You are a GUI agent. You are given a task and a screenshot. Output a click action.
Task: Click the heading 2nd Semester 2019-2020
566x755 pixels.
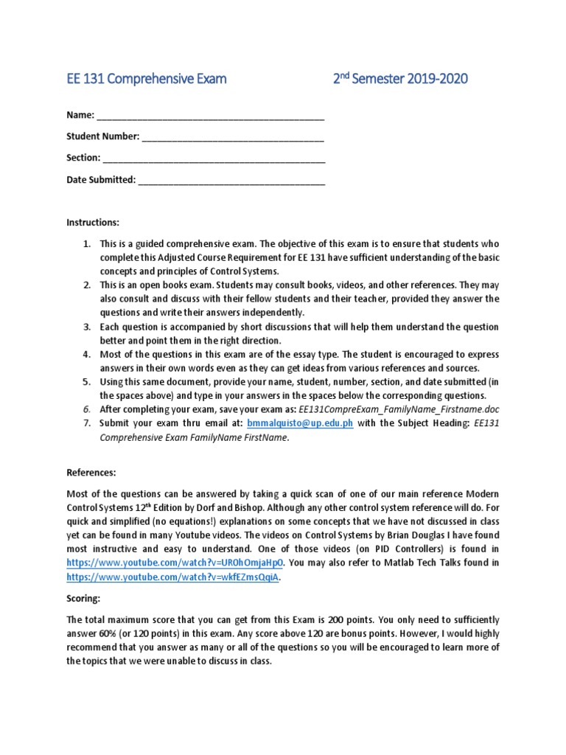(x=399, y=79)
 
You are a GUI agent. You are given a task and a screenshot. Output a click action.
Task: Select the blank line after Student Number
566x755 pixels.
(x=233, y=137)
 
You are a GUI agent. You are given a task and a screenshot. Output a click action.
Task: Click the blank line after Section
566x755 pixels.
(x=214, y=158)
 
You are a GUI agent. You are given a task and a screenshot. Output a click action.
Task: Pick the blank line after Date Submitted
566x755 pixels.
(x=231, y=179)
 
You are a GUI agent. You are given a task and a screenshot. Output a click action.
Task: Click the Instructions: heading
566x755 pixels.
(x=93, y=222)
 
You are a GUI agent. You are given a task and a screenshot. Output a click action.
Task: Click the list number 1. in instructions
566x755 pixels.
(x=86, y=243)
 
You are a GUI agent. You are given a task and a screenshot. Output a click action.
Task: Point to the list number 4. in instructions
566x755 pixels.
(x=86, y=354)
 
